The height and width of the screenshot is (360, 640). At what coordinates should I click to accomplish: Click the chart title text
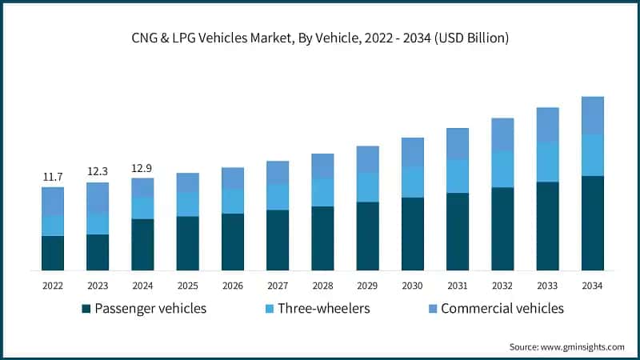click(x=320, y=37)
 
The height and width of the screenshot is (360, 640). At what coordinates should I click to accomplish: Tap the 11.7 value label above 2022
click(x=53, y=176)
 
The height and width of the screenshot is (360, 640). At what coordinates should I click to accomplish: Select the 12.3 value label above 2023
click(x=98, y=171)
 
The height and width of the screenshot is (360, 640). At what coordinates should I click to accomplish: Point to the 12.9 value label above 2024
click(x=142, y=168)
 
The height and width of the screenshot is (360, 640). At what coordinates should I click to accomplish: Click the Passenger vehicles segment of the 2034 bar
click(x=592, y=223)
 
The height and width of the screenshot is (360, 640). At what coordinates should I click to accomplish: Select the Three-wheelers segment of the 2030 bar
click(x=412, y=182)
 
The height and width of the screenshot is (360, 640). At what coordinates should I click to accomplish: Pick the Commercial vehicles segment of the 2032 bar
click(x=502, y=134)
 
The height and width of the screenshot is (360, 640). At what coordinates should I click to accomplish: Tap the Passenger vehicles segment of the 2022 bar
click(x=53, y=253)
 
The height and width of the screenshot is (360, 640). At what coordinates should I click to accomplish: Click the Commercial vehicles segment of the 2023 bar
click(x=98, y=198)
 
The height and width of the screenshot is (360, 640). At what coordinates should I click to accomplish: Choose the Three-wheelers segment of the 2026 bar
click(x=233, y=202)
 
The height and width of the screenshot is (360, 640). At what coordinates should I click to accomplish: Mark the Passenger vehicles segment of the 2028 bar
click(x=322, y=238)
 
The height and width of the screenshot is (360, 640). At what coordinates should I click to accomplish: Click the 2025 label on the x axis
click(x=187, y=285)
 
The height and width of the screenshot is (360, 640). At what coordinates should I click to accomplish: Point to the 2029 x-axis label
click(x=367, y=285)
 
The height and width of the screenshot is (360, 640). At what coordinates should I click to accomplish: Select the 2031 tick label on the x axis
click(x=457, y=285)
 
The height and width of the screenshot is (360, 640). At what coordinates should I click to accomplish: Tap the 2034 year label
click(x=592, y=285)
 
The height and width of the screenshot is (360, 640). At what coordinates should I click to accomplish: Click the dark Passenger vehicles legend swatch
click(x=86, y=309)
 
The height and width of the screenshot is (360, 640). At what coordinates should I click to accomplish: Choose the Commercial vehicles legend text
click(x=502, y=309)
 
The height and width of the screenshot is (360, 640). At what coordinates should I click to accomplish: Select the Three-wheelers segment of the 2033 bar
click(x=547, y=162)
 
